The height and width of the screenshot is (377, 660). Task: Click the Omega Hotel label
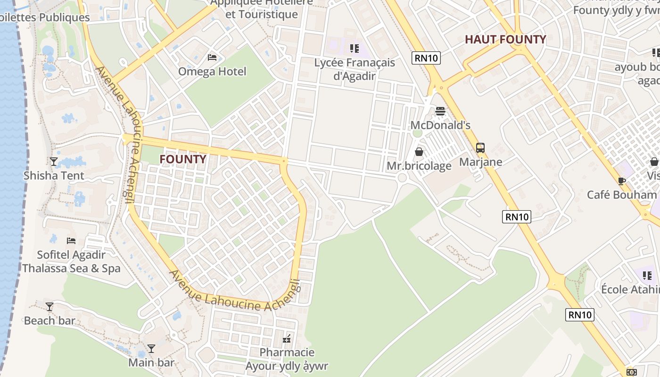212,72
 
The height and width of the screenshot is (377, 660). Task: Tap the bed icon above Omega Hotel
212,57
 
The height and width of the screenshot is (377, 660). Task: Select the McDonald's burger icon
440,111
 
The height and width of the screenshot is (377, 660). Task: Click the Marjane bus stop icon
480,148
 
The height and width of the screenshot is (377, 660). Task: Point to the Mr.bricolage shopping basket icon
419,152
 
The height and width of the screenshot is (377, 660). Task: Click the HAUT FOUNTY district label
505,40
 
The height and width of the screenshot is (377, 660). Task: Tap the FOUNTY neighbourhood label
182,159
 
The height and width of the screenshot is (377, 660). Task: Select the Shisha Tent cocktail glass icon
54,162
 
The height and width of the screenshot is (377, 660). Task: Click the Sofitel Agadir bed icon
71,241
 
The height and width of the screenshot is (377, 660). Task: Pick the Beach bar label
49,321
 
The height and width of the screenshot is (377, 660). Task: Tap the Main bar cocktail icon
151,349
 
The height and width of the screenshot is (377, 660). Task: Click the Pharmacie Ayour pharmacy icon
287,338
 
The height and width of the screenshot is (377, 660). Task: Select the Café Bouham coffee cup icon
621,181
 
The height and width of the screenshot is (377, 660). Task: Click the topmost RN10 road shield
426,58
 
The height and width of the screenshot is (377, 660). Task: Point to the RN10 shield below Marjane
517,217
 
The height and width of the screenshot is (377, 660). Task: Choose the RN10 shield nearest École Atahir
580,315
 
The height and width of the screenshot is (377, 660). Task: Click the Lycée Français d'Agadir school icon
355,48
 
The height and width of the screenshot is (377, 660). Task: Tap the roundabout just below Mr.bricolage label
402,178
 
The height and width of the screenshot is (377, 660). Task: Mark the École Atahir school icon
647,275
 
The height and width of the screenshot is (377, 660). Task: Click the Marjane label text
481,163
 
